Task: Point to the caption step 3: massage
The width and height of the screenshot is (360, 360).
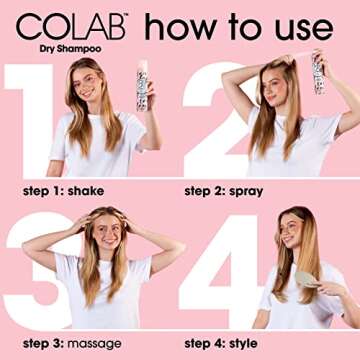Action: [71, 343]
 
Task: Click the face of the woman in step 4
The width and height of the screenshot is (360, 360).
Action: [291, 233]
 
